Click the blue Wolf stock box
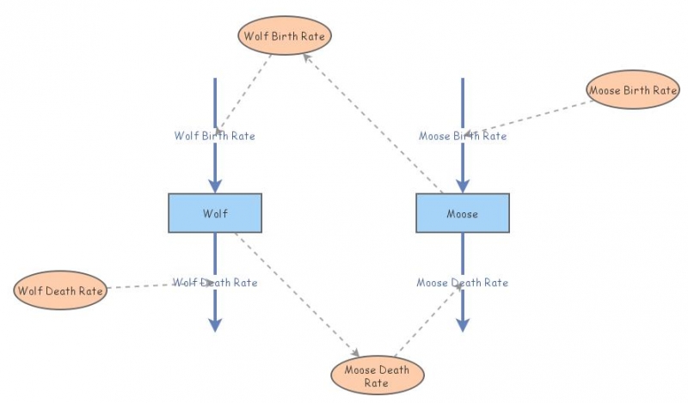point(215,212)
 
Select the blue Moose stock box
point(463,212)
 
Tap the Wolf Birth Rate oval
point(284,36)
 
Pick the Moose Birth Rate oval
point(633,89)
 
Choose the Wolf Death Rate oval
point(60,290)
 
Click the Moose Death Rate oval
point(378,376)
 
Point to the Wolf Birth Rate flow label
point(215,136)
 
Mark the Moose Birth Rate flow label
point(463,136)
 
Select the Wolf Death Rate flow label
point(215,282)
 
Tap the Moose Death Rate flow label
point(463,282)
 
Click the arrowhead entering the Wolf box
point(215,185)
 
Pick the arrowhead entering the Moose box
point(463,185)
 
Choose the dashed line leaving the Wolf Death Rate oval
point(142,286)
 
